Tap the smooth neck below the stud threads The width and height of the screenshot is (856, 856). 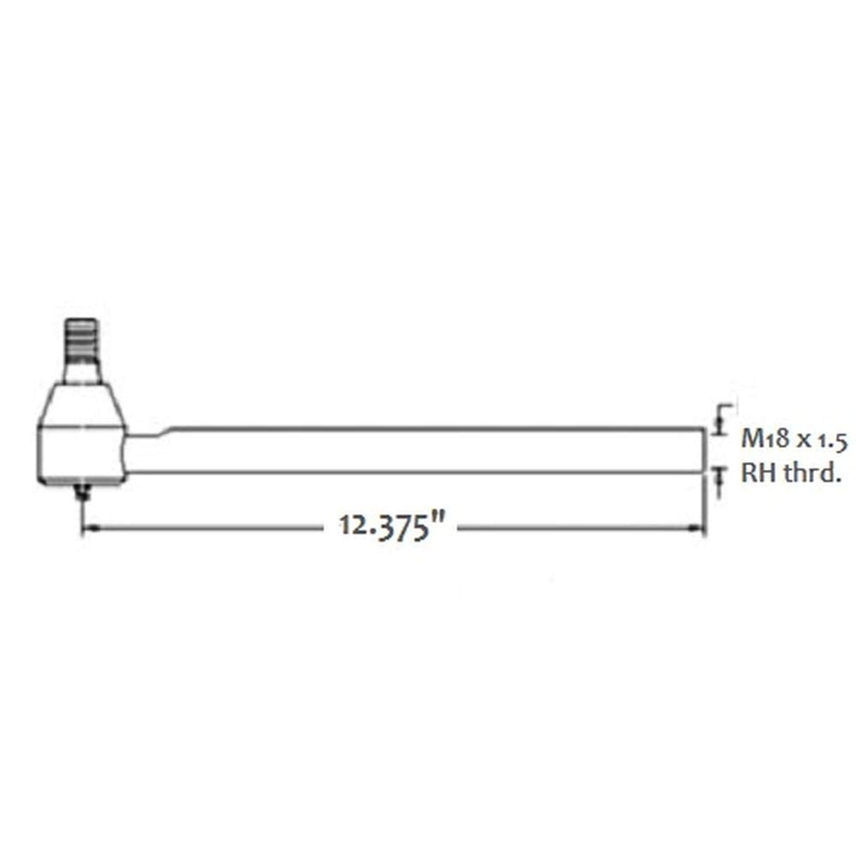pyautogui.click(x=82, y=370)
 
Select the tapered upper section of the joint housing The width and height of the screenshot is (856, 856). pyautogui.click(x=82, y=404)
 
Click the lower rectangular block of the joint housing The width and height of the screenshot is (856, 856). pyautogui.click(x=82, y=454)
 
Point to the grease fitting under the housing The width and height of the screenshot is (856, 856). pyautogui.click(x=83, y=492)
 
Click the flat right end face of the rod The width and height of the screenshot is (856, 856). pyautogui.click(x=704, y=450)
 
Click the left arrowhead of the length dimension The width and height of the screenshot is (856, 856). pyautogui.click(x=89, y=528)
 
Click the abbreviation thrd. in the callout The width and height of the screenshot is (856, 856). pyautogui.click(x=809, y=474)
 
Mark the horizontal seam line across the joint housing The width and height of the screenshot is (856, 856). pyautogui.click(x=82, y=425)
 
